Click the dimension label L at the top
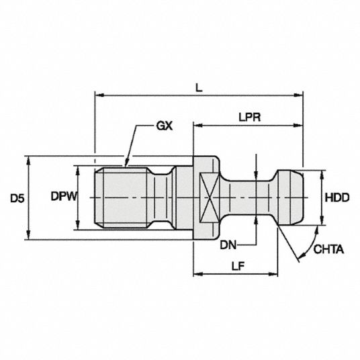point(199,87)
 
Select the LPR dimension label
point(250,118)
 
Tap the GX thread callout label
point(164,126)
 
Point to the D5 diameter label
point(17,199)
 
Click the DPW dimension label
point(64,197)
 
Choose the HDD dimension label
point(337,197)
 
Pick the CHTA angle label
point(328,249)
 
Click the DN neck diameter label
point(228,245)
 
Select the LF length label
point(238,266)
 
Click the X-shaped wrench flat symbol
point(210,197)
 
